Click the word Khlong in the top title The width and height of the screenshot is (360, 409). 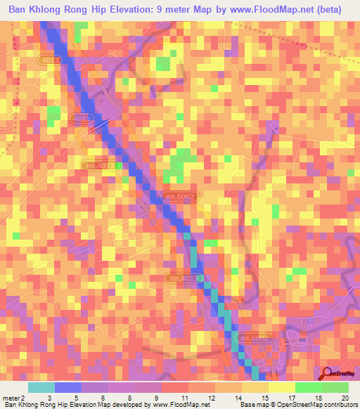[58, 11]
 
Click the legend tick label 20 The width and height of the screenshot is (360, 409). [345, 398]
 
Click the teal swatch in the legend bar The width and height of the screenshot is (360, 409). [41, 387]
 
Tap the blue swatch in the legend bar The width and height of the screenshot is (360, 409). [68, 387]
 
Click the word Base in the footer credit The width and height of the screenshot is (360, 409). [240, 405]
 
